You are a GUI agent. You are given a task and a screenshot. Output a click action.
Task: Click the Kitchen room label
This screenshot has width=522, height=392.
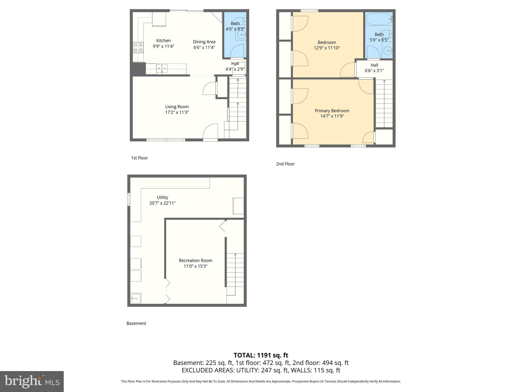pyautogui.click(x=163, y=41)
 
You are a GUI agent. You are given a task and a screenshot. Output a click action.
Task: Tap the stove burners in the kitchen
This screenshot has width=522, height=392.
pyautogui.click(x=138, y=47)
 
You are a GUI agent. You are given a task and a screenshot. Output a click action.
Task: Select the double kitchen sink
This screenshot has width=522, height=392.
pyautogui.click(x=162, y=68)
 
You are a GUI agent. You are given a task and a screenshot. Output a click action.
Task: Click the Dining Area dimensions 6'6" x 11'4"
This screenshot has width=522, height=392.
pyautogui.click(x=204, y=47)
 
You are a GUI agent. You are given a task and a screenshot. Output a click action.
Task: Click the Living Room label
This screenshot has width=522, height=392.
pyautogui.click(x=177, y=107)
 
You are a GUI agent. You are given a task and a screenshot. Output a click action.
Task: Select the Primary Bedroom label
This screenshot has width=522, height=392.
pyautogui.click(x=332, y=111)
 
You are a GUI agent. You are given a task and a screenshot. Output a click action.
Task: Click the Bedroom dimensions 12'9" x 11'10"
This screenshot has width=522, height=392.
pyautogui.click(x=327, y=48)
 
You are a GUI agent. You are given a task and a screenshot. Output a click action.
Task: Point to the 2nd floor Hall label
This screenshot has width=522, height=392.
pyautogui.click(x=374, y=65)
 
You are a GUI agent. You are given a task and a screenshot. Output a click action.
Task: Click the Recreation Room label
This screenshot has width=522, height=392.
pyautogui.click(x=195, y=260)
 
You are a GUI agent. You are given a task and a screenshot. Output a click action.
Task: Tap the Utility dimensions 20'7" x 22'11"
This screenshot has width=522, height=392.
pyautogui.click(x=162, y=203)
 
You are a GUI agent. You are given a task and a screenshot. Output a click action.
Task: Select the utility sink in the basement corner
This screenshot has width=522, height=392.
pyautogui.click(x=136, y=298)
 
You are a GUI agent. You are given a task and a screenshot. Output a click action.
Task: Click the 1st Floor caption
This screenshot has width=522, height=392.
pyautogui.click(x=139, y=158)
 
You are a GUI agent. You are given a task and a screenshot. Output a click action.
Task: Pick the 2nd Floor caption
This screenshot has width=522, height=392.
pyautogui.click(x=285, y=164)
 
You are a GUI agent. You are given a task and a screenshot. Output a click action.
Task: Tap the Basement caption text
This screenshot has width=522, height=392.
pyautogui.click(x=136, y=323)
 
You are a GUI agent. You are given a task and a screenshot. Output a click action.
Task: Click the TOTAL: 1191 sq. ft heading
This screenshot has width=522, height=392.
pyautogui.click(x=261, y=355)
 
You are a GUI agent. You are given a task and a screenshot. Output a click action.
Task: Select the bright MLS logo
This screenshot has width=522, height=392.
pyautogui.click(x=32, y=381)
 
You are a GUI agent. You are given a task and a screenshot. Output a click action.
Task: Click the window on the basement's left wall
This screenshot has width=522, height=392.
pyautogui.click(x=129, y=199)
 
